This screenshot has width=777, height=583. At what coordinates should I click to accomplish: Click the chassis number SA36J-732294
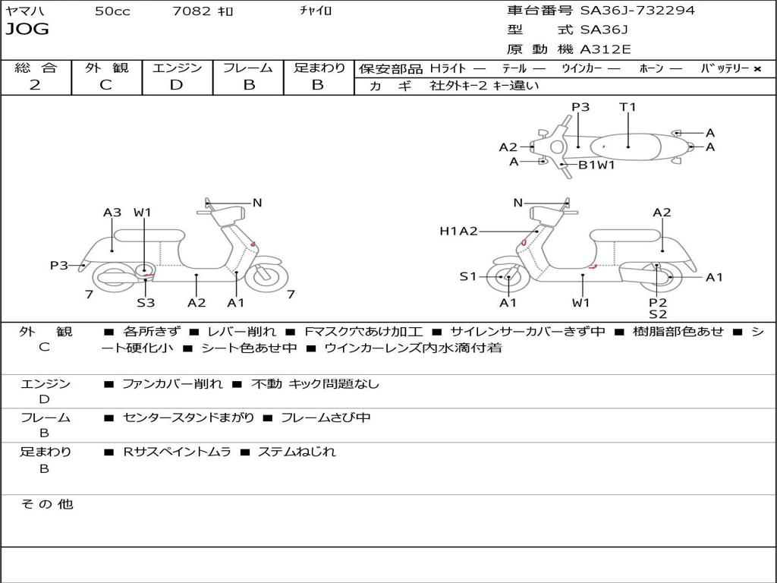pos(637,11)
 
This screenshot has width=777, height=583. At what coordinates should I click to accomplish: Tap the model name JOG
pos(27,30)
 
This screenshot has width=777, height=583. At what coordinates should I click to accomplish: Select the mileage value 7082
pos(192,11)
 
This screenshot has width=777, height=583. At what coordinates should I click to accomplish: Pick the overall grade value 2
pos(35,85)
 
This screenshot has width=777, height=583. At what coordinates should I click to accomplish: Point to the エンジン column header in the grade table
pos(177,68)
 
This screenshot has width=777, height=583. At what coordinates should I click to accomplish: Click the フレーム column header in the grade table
pos(248,68)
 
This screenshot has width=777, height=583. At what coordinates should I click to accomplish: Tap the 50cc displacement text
pos(112,11)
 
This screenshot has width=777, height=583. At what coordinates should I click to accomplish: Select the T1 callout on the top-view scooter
pos(628,107)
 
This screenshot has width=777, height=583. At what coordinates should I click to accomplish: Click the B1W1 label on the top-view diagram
pos(596,165)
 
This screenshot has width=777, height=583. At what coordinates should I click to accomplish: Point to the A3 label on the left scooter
pos(112,213)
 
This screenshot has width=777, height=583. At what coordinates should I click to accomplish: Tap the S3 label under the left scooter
pos(146,303)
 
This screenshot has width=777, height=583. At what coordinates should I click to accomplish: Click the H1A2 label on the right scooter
pos(458,231)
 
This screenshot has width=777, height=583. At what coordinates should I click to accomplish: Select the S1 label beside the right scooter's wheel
pos(468,276)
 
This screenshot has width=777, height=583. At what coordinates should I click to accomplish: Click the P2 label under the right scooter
pos(657,302)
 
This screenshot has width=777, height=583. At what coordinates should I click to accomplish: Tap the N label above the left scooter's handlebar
pos(257,203)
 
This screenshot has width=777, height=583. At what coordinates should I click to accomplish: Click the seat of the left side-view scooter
pos(159,235)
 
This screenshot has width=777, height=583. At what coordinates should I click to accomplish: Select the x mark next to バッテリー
pos(757,68)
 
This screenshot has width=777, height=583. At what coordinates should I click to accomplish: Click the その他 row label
pos(47,504)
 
